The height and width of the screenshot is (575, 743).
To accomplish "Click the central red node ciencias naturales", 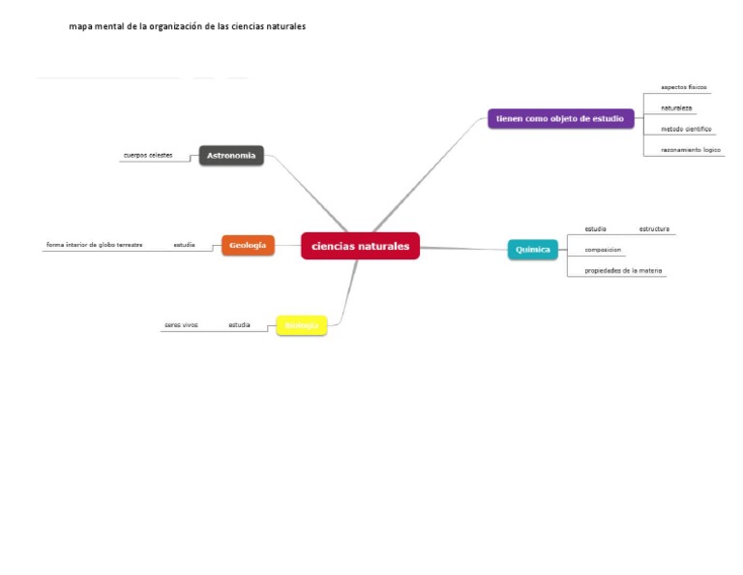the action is (360, 246).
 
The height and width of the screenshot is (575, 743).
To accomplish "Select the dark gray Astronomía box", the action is (231, 155).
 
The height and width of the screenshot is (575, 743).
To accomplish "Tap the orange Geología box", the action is (248, 245).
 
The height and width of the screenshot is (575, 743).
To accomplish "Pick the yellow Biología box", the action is (302, 325).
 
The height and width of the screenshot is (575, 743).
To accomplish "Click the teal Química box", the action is (533, 249).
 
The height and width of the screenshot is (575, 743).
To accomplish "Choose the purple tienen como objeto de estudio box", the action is (560, 118).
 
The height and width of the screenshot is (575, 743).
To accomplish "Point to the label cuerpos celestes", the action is (147, 155).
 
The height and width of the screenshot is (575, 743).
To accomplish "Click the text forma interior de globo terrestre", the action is (95, 245).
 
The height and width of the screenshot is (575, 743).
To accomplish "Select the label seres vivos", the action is (181, 325).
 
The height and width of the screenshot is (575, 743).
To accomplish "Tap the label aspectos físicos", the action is (684, 87).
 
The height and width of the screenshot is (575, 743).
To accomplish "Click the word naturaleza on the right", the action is (676, 107).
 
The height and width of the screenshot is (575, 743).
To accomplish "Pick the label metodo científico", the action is (686, 129).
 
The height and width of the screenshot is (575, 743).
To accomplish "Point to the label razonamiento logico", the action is (691, 150).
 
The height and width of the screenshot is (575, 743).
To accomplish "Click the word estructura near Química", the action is (654, 228).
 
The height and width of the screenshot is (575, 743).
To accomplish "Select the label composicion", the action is (603, 250).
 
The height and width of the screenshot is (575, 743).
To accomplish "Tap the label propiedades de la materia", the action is (623, 271).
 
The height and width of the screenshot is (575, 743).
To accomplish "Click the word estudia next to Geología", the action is (184, 245).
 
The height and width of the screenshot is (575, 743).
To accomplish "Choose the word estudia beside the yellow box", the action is (239, 325).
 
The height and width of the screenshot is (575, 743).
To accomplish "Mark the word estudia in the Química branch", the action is (595, 228).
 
